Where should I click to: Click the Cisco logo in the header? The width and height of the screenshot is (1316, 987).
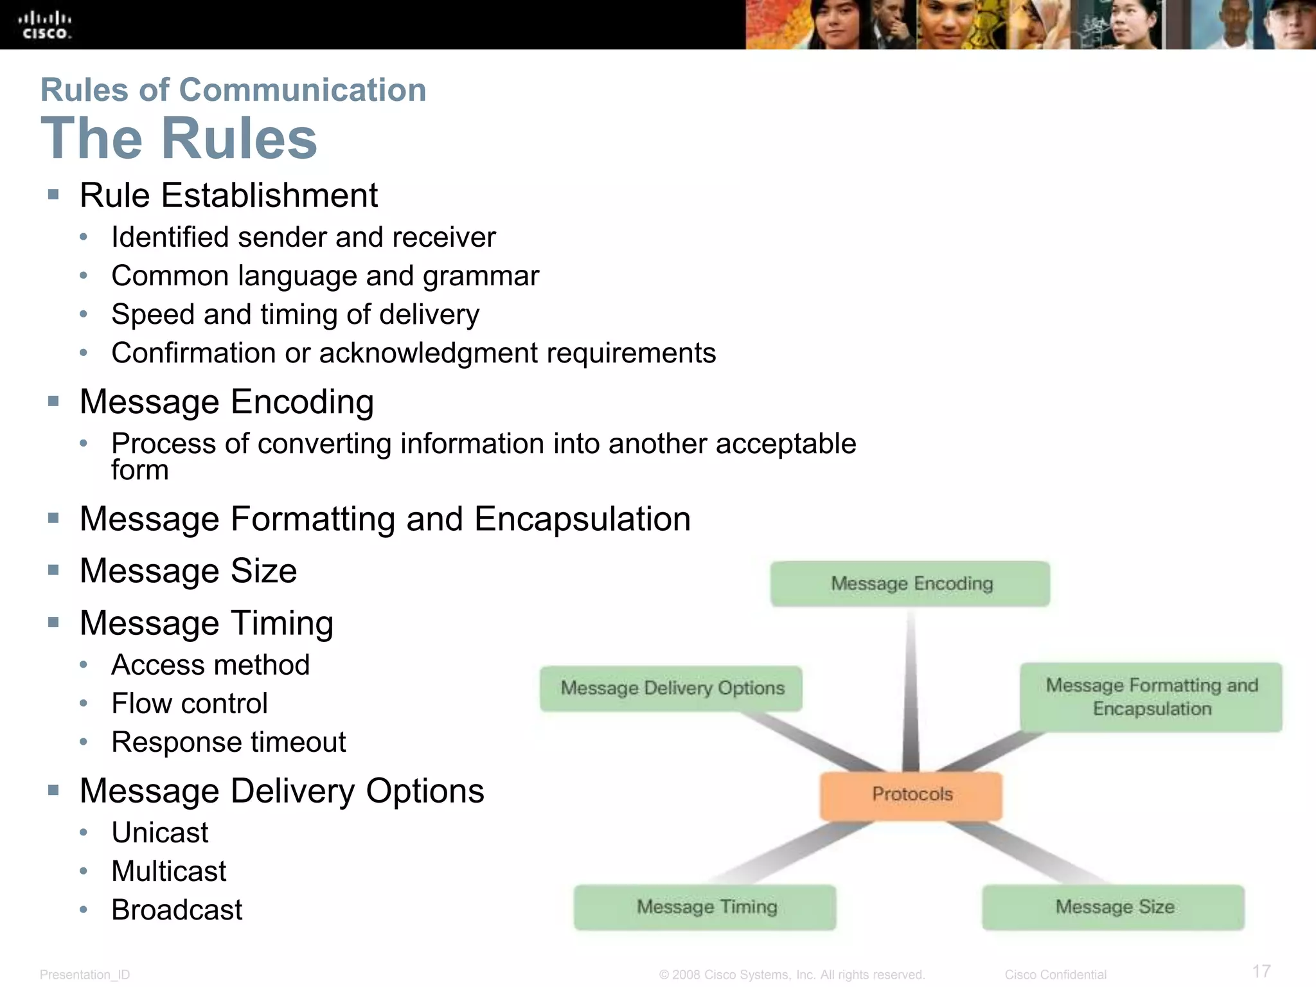44,26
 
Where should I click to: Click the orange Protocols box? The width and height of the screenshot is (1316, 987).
911,795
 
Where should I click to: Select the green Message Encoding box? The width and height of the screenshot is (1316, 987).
910,583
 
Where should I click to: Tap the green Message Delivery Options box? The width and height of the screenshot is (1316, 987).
671,688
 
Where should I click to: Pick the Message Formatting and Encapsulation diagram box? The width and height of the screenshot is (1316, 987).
1151,697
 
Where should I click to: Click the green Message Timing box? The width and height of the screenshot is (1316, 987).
706,907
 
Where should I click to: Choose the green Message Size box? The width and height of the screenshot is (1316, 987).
1114,907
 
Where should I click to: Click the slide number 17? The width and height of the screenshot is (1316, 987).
1261,971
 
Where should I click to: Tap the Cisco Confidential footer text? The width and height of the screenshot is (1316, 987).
1055,974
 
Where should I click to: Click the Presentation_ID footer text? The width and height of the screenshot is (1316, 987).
85,974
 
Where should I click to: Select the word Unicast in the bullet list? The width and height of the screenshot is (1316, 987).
160,833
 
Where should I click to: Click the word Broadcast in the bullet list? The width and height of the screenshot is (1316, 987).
177,910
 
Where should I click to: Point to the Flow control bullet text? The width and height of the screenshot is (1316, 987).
190,704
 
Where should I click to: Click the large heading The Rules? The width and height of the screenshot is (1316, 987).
179,138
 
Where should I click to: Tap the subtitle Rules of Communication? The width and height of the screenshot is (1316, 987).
233,90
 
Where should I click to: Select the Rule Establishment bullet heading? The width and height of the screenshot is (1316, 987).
229,195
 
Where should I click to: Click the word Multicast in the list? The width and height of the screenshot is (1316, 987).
169,871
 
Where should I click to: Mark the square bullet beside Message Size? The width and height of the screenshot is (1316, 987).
53,570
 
